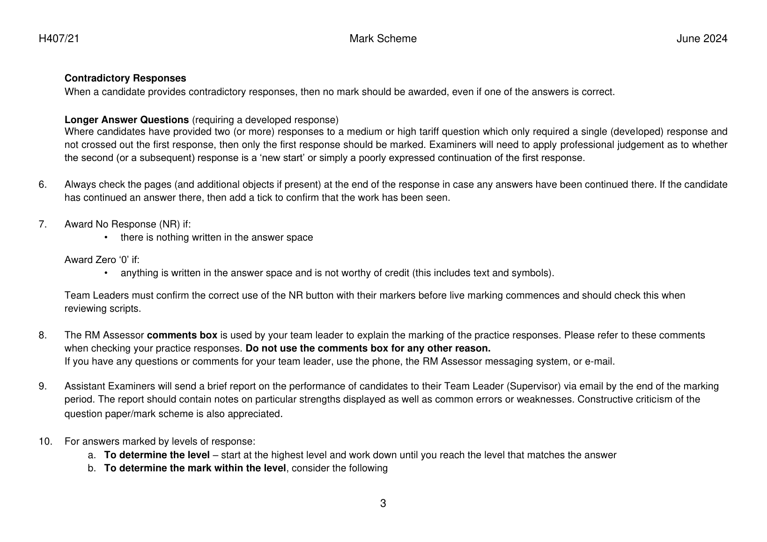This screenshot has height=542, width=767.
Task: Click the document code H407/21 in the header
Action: pos(59,39)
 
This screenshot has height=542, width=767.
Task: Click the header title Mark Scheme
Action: pos(383,39)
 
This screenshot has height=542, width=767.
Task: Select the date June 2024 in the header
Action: pos(701,39)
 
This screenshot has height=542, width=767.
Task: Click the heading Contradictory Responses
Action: pos(125,78)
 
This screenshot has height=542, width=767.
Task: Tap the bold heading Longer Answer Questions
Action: pos(126,120)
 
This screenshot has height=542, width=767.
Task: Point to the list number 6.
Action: pos(43,184)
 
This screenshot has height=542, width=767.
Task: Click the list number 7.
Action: pos(43,224)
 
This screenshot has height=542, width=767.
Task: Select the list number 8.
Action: pos(43,335)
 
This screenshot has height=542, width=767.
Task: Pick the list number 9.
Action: pos(43,386)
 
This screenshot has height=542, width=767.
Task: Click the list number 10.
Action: pos(45,441)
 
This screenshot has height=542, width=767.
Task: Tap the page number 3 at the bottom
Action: pos(383,504)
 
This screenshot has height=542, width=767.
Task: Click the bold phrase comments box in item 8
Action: pos(182,335)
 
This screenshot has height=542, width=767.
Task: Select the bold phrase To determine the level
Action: pos(156,455)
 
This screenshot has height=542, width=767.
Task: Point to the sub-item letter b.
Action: pos(92,468)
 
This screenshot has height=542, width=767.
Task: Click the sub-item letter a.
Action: pos(92,455)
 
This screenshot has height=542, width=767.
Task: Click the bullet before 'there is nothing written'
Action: pos(106,238)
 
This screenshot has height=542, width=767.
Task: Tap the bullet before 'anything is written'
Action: pos(106,273)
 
